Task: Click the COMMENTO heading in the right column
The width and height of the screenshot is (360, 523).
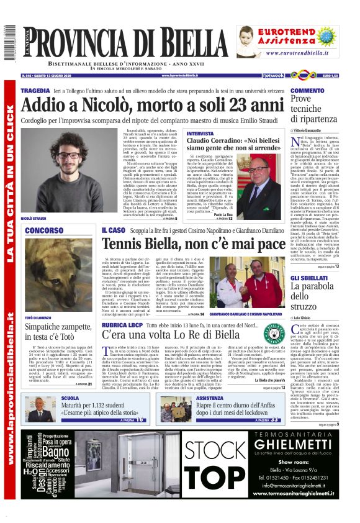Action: tap(307, 91)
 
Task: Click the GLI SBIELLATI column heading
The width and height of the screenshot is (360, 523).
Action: tap(308, 277)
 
